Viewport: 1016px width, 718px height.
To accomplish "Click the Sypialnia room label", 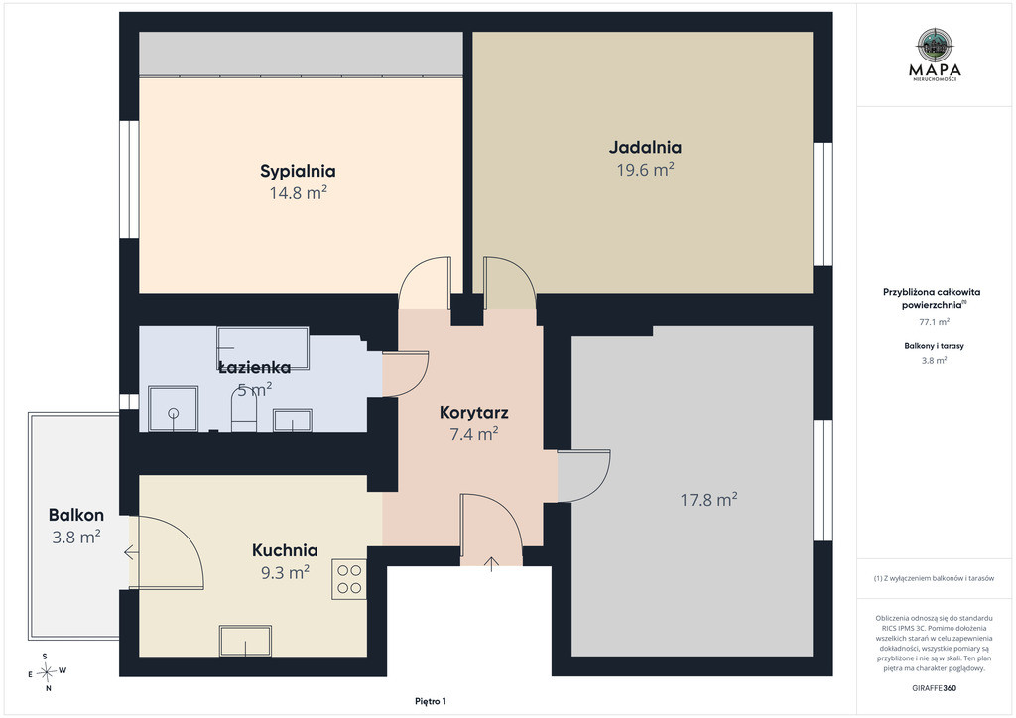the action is [x=298, y=171].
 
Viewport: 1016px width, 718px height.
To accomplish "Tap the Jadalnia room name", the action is [x=645, y=147].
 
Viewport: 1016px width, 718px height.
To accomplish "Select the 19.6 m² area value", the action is [x=645, y=170].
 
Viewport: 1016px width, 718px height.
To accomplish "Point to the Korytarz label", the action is [x=473, y=413].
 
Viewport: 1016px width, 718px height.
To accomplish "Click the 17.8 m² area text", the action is [x=708, y=500].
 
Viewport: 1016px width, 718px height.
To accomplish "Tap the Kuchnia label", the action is [x=285, y=550].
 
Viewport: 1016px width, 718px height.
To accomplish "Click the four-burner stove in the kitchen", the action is [x=349, y=579].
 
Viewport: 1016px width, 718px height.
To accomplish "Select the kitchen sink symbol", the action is [x=245, y=641].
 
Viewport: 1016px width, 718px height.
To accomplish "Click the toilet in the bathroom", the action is [x=244, y=412].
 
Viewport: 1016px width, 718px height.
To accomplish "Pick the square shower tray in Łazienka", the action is [x=173, y=409].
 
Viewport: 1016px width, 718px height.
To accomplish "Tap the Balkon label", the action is [x=75, y=515].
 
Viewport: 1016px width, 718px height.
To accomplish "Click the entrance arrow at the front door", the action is [x=492, y=564].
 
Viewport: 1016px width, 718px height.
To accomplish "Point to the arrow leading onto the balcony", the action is [x=130, y=553].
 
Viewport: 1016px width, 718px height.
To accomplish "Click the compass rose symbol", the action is [x=47, y=672].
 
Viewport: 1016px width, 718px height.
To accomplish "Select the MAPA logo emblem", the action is [x=935, y=44].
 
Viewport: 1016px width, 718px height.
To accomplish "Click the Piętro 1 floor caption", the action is [x=431, y=701].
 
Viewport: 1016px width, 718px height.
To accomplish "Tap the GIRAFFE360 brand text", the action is [x=934, y=688].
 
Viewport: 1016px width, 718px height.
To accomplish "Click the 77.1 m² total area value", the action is [x=935, y=321].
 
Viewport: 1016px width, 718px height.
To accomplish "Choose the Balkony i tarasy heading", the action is [x=935, y=346].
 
